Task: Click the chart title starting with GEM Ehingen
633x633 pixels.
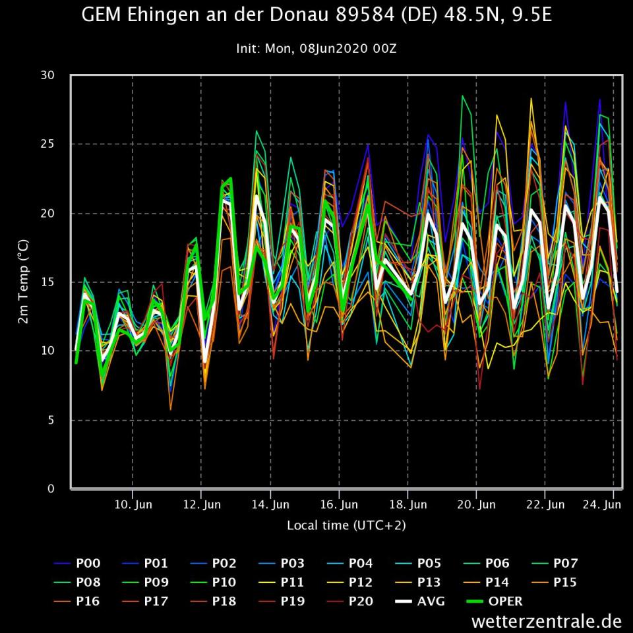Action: tap(316, 16)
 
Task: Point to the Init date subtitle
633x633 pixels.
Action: tap(316, 48)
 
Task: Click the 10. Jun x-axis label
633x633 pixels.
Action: tap(133, 505)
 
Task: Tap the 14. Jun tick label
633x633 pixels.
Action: tap(270, 505)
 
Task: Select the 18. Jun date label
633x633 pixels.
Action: tap(407, 505)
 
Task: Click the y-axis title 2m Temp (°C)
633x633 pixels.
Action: tap(22, 282)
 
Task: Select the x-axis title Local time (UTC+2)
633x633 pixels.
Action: tap(346, 526)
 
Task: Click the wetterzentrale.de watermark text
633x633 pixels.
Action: tap(547, 621)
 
